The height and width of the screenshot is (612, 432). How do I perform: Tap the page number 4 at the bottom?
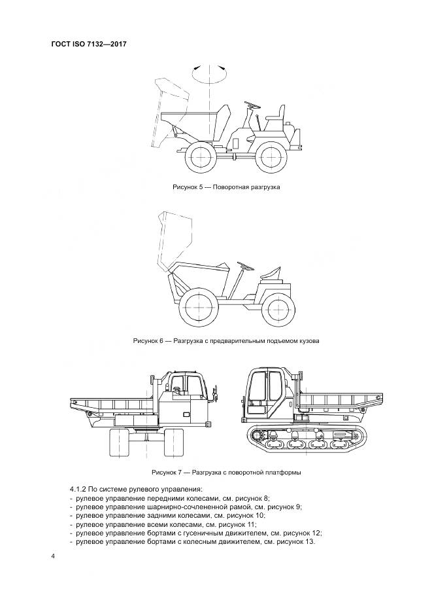pyautogui.click(x=53, y=556)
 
